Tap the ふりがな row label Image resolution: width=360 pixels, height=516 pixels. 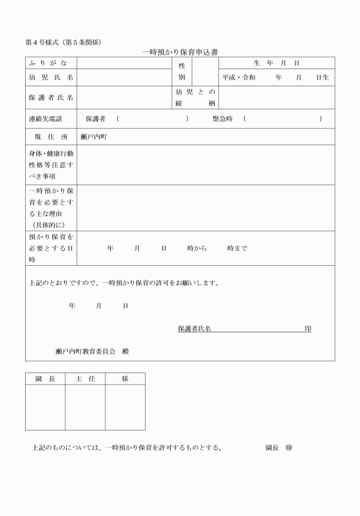pos(51,63)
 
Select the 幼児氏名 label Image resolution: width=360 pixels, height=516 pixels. pos(51,77)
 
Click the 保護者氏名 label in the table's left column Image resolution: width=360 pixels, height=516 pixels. pos(51,97)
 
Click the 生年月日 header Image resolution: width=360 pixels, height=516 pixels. pos(277,63)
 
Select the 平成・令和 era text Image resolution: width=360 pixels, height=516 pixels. pos(239,77)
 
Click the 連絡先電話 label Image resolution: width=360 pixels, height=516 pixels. pos(45,119)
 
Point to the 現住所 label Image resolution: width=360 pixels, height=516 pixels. pos(51,137)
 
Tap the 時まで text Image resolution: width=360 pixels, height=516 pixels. pos(237,248)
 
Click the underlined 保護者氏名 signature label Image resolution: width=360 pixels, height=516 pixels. pos(194,329)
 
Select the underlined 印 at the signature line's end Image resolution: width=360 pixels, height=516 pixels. pos(308,329)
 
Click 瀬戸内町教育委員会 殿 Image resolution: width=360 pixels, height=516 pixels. pos(92,351)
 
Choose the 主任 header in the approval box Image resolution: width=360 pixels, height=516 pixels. pos(85,379)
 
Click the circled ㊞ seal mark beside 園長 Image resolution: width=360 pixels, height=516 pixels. pos(288,447)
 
